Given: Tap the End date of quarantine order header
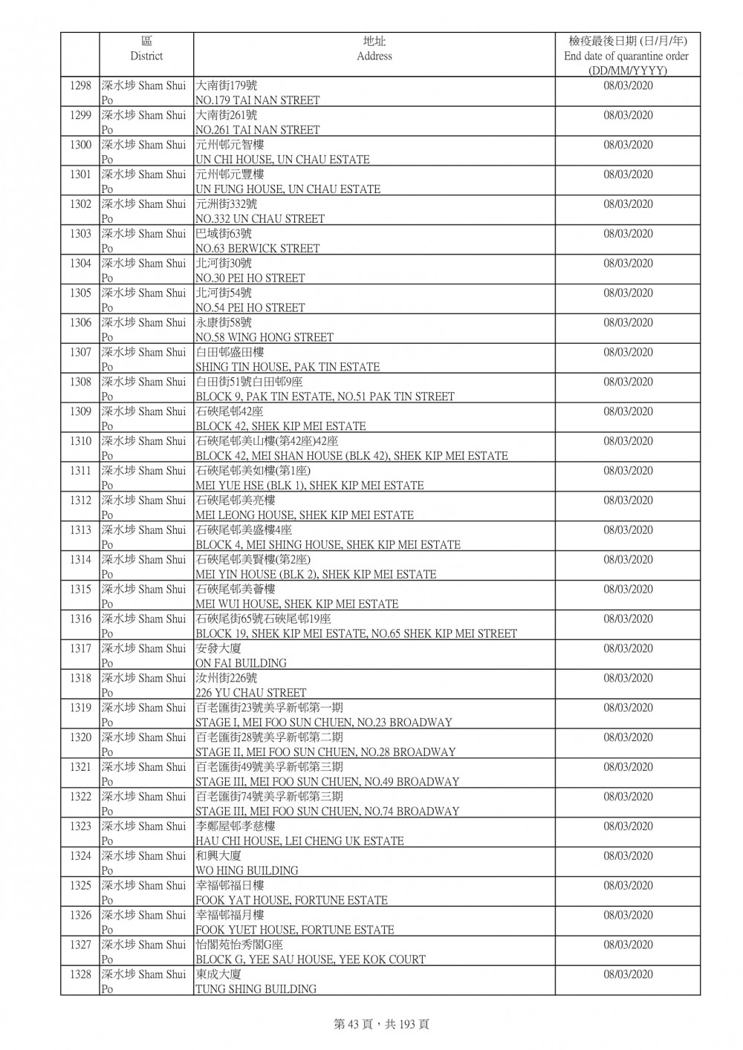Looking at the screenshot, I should pyautogui.click(x=627, y=56).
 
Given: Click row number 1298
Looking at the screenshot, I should pyautogui.click(x=80, y=86).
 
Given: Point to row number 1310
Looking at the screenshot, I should pyautogui.click(x=80, y=442).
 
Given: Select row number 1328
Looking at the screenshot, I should pyautogui.click(x=80, y=975).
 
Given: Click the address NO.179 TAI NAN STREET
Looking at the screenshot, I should pyautogui.click(x=257, y=100).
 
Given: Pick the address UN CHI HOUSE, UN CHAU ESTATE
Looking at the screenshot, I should pyautogui.click(x=282, y=160).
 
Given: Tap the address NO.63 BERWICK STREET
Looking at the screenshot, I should pyautogui.click(x=257, y=249).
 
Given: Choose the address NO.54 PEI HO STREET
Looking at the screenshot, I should pyautogui.click(x=250, y=307).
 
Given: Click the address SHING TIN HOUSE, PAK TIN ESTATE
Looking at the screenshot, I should pyautogui.click(x=287, y=367).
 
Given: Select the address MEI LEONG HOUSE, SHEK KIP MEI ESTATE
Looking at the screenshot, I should pyautogui.click(x=304, y=515).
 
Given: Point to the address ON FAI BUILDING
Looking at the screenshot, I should pyautogui.click(x=241, y=663).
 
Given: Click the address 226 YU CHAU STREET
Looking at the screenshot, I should pyautogui.click(x=250, y=693).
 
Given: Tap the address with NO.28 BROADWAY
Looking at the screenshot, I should pyautogui.click(x=325, y=752).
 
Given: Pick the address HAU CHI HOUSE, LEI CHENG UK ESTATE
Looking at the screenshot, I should pyautogui.click(x=299, y=841).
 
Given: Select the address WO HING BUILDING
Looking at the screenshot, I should pyautogui.click(x=247, y=870).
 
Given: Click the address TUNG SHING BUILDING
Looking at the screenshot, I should pyautogui.click(x=256, y=989).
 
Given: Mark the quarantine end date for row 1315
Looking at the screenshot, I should pyautogui.click(x=628, y=590).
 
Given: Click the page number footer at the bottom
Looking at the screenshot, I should pyautogui.click(x=381, y=1024).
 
